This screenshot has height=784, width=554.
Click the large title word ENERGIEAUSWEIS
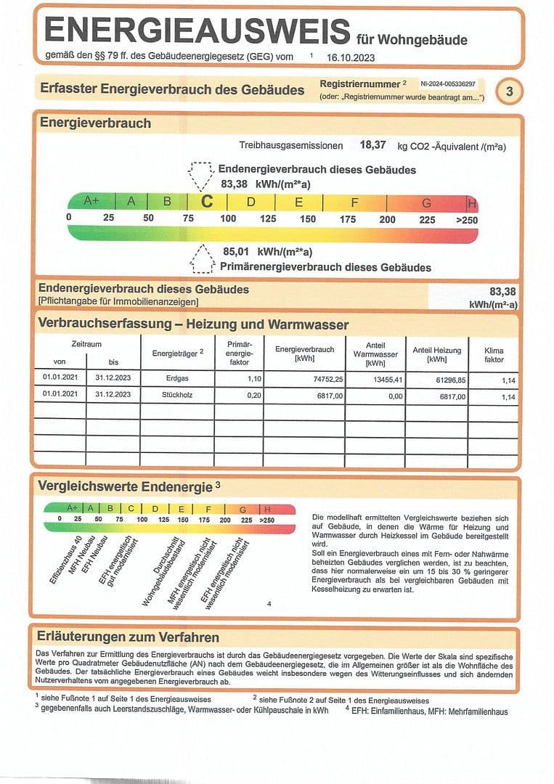197,31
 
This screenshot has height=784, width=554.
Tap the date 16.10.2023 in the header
351,56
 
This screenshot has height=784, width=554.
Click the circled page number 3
509,91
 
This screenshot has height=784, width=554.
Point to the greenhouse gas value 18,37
372,145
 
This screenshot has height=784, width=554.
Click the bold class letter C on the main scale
207,202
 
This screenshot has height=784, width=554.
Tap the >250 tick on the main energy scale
466,219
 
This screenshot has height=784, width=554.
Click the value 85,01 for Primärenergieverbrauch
237,252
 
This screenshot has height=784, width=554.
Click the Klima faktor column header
493,355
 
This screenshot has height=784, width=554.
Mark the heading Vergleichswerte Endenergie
125,486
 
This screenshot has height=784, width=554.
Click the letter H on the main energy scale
472,203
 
